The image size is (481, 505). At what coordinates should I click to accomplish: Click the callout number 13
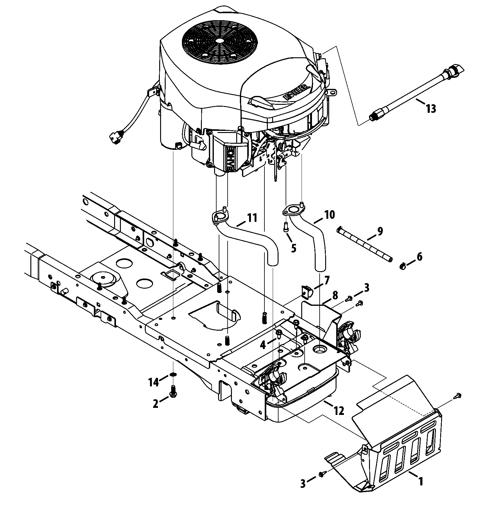[x=431, y=108]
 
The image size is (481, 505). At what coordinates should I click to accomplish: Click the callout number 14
[x=154, y=382]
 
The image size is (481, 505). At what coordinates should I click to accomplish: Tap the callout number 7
[x=327, y=280]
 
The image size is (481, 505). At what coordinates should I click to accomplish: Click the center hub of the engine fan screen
[x=219, y=40]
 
